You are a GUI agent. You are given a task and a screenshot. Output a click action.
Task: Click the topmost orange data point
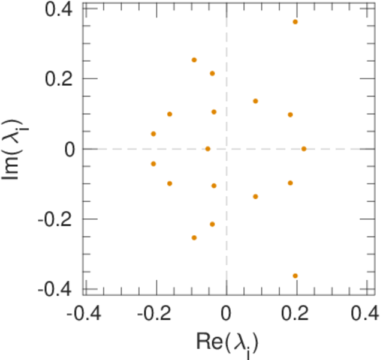[x=295, y=22]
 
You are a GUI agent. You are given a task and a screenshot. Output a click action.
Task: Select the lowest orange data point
[x=295, y=276]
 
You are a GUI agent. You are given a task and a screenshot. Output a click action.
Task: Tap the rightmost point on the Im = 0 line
[x=304, y=149]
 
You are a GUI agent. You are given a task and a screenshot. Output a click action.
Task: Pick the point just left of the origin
[x=208, y=149]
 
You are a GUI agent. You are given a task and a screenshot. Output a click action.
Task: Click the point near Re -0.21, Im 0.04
[x=153, y=134]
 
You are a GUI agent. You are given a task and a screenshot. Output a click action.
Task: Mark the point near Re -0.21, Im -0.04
[x=153, y=164]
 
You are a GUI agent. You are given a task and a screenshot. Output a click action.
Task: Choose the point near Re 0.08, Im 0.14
[x=255, y=101]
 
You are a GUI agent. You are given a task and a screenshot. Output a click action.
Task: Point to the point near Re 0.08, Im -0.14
[x=255, y=197]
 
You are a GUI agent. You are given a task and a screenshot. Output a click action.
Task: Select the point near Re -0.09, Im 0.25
[x=194, y=60]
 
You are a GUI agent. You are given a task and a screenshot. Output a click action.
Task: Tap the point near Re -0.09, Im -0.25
[x=194, y=238]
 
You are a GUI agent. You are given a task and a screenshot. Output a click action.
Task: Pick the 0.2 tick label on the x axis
[x=295, y=314]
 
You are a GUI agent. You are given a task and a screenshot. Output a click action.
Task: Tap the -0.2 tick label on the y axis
[x=58, y=219]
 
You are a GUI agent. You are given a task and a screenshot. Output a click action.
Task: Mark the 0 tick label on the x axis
[x=227, y=314]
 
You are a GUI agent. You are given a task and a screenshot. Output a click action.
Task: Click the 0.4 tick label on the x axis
[x=364, y=314]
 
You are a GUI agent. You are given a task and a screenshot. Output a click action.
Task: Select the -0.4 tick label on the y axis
[x=58, y=289]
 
